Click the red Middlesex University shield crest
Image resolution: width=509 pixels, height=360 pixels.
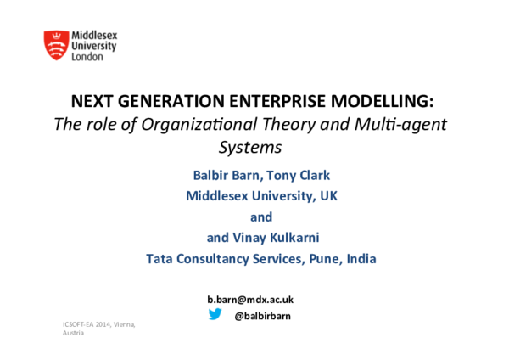point(57,44)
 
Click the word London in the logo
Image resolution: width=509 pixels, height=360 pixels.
point(87,57)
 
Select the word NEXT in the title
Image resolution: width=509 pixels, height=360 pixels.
point(91,102)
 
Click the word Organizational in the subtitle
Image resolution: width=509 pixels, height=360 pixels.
point(189,124)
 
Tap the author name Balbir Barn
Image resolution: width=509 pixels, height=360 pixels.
point(227,175)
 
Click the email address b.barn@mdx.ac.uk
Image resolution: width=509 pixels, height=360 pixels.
point(250,300)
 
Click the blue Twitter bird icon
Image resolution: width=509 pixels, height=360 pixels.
point(215,314)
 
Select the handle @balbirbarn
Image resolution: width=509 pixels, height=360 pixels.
point(262,315)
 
